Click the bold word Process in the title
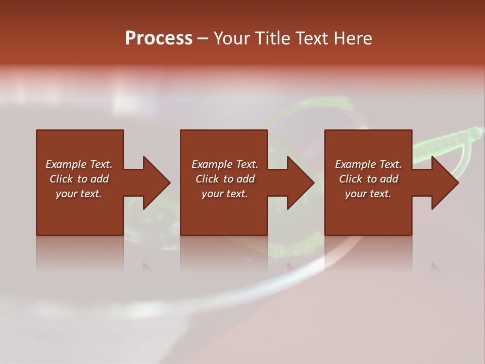(159, 38)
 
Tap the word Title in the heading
(273, 38)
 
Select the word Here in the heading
(353, 38)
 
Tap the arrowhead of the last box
(445, 183)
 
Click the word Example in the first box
(66, 164)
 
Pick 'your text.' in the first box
(78, 194)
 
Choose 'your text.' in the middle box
(224, 194)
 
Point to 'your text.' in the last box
(368, 194)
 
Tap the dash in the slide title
(203, 38)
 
